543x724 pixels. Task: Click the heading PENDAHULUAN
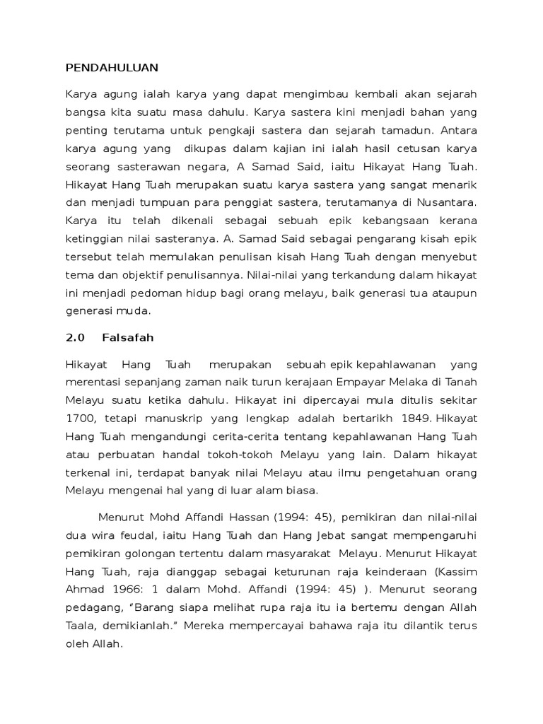coord(112,68)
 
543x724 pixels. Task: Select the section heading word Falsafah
coord(127,337)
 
